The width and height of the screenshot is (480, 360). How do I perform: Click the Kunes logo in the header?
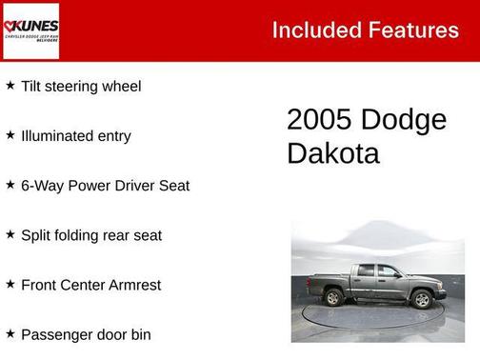30,30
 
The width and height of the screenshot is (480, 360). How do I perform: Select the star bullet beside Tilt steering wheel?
10,85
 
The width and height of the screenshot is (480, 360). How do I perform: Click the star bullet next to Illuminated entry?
10,134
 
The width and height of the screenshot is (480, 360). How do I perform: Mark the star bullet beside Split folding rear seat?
10,233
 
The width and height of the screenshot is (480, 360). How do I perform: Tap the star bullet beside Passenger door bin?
10,332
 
